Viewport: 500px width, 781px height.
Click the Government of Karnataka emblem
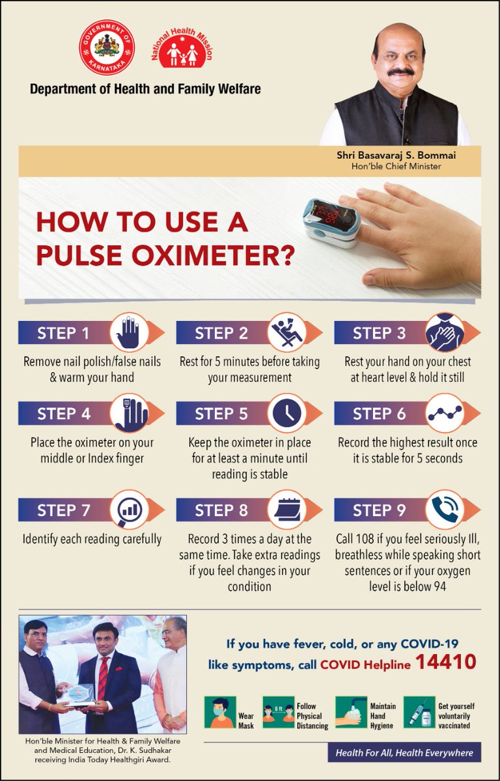[107, 48]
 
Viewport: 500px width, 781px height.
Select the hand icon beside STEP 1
[129, 333]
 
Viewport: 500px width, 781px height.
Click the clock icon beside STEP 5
[287, 413]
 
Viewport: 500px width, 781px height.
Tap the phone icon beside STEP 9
[445, 510]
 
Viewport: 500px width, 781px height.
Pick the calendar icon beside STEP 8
[287, 510]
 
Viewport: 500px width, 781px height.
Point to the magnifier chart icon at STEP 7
[129, 510]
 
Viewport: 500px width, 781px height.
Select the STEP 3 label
[379, 333]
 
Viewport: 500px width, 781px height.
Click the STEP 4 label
[63, 414]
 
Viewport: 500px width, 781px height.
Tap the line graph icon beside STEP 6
[445, 413]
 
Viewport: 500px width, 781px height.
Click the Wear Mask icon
[219, 712]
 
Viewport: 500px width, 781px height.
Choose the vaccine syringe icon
[418, 712]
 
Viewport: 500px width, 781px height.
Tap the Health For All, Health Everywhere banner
[404, 752]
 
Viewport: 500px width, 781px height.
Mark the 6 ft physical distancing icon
[279, 712]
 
